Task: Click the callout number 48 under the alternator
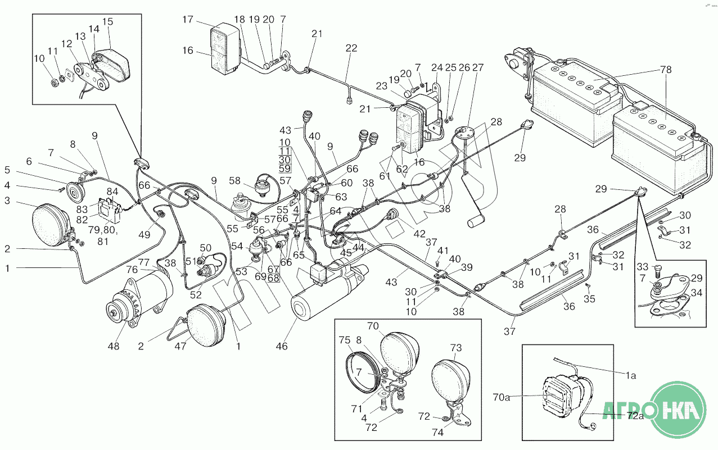[x=114, y=347]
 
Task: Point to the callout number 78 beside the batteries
[x=666, y=70]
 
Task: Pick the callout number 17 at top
[x=187, y=20]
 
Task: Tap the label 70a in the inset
[x=501, y=397]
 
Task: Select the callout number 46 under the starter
[x=282, y=347]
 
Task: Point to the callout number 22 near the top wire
[x=351, y=48]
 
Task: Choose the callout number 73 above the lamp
[x=455, y=348]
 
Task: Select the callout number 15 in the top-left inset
[x=107, y=22]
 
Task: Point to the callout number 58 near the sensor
[x=234, y=181]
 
